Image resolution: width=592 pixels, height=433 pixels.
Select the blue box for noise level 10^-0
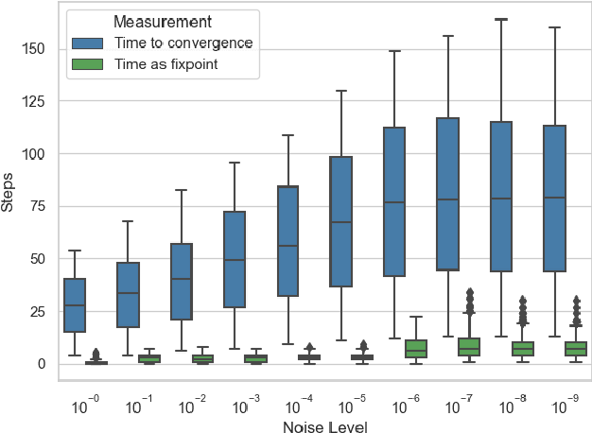75,305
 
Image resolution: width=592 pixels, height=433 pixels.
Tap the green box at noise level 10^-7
469,347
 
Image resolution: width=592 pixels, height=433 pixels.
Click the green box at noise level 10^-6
416,349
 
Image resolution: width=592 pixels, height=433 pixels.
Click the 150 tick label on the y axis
35,48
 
